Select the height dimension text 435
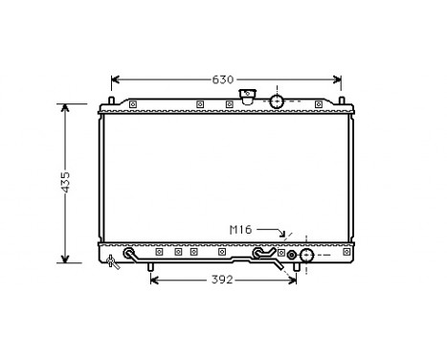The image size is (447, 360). point(65,182)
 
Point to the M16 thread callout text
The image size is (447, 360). point(241,230)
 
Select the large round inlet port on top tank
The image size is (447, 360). point(277,101)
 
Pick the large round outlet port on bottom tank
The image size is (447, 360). point(307,256)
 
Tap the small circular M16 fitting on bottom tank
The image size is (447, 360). point(292,256)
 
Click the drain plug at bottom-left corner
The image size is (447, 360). point(112,260)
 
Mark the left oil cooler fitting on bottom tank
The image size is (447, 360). point(129,255)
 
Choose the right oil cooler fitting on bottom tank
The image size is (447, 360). point(257,255)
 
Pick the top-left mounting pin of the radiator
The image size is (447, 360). point(113,100)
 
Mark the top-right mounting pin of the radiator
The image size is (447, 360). point(340,100)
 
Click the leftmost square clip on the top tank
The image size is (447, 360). point(133,104)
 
